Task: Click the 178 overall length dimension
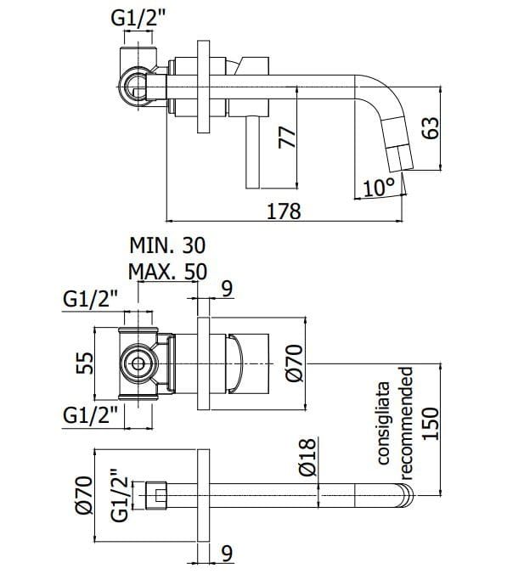pyautogui.click(x=284, y=211)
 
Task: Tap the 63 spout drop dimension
pyautogui.click(x=431, y=128)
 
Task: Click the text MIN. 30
pyautogui.click(x=167, y=246)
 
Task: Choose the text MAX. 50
pyautogui.click(x=167, y=273)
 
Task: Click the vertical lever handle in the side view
pyautogui.click(x=252, y=153)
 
